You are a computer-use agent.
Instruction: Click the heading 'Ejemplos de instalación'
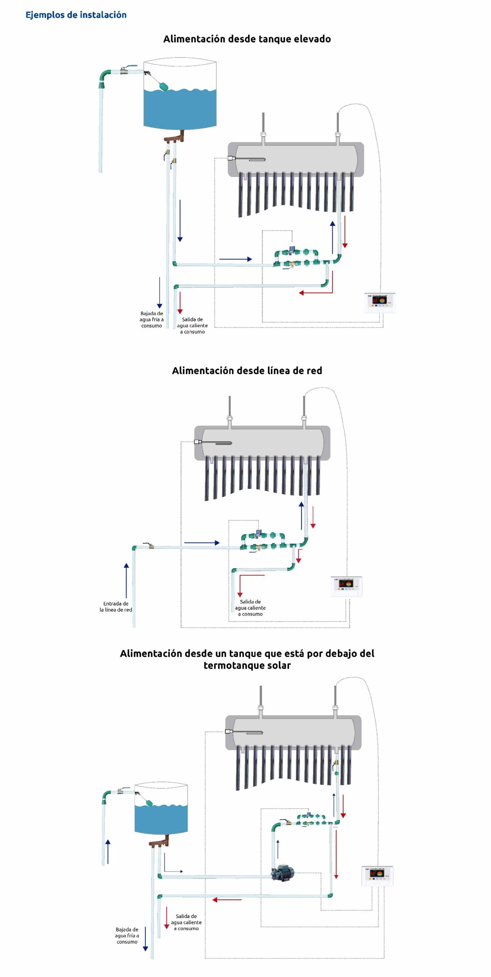pyautogui.click(x=76, y=15)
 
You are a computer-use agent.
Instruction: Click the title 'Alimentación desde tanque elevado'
pyautogui.click(x=247, y=39)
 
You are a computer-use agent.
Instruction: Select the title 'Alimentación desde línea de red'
pyautogui.click(x=247, y=371)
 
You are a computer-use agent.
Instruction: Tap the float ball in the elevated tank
pyautogui.click(x=163, y=86)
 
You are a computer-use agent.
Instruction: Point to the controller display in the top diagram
pyautogui.click(x=380, y=301)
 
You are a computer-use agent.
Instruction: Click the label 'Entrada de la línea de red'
pyautogui.click(x=116, y=606)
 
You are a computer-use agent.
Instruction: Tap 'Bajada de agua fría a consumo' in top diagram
pyautogui.click(x=151, y=319)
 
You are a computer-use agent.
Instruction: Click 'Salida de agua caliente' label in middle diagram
pyautogui.click(x=250, y=608)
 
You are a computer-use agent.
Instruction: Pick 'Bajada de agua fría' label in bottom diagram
pyautogui.click(x=127, y=935)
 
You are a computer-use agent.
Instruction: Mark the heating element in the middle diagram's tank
pyautogui.click(x=216, y=442)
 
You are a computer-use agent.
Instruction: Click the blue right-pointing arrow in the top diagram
pyautogui.click(x=235, y=259)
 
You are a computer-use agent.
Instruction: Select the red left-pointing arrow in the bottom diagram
pyautogui.click(x=227, y=900)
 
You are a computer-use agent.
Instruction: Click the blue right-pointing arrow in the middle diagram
pyautogui.click(x=202, y=543)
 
